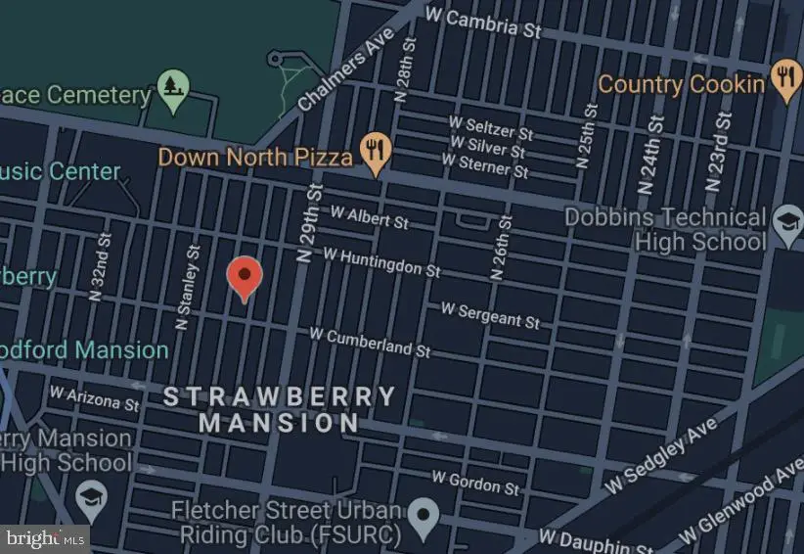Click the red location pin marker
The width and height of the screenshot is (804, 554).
[x=244, y=278]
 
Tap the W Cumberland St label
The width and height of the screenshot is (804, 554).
[x=370, y=341]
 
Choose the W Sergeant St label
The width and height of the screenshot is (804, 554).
[x=489, y=314]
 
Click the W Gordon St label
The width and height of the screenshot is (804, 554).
[x=475, y=482]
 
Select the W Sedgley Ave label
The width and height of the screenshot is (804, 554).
[x=661, y=455]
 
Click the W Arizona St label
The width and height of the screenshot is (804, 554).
[x=94, y=398]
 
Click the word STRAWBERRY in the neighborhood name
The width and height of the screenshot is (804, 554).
[x=279, y=396]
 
